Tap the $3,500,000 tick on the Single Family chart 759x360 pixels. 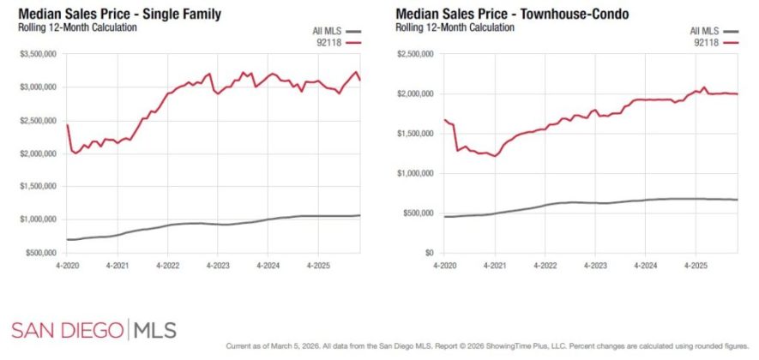[37, 54]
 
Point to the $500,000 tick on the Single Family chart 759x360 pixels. [39, 253]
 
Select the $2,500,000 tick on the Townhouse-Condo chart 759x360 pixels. [415, 54]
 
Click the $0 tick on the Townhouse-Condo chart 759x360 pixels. [430, 253]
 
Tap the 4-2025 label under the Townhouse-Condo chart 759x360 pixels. [696, 266]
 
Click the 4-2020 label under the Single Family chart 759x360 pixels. [67, 266]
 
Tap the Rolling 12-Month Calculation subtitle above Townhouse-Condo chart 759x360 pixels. [455, 27]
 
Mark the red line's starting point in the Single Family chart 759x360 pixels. [67, 125]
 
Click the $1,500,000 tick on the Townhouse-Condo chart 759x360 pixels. [415, 134]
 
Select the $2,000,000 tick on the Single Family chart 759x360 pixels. [37, 153]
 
